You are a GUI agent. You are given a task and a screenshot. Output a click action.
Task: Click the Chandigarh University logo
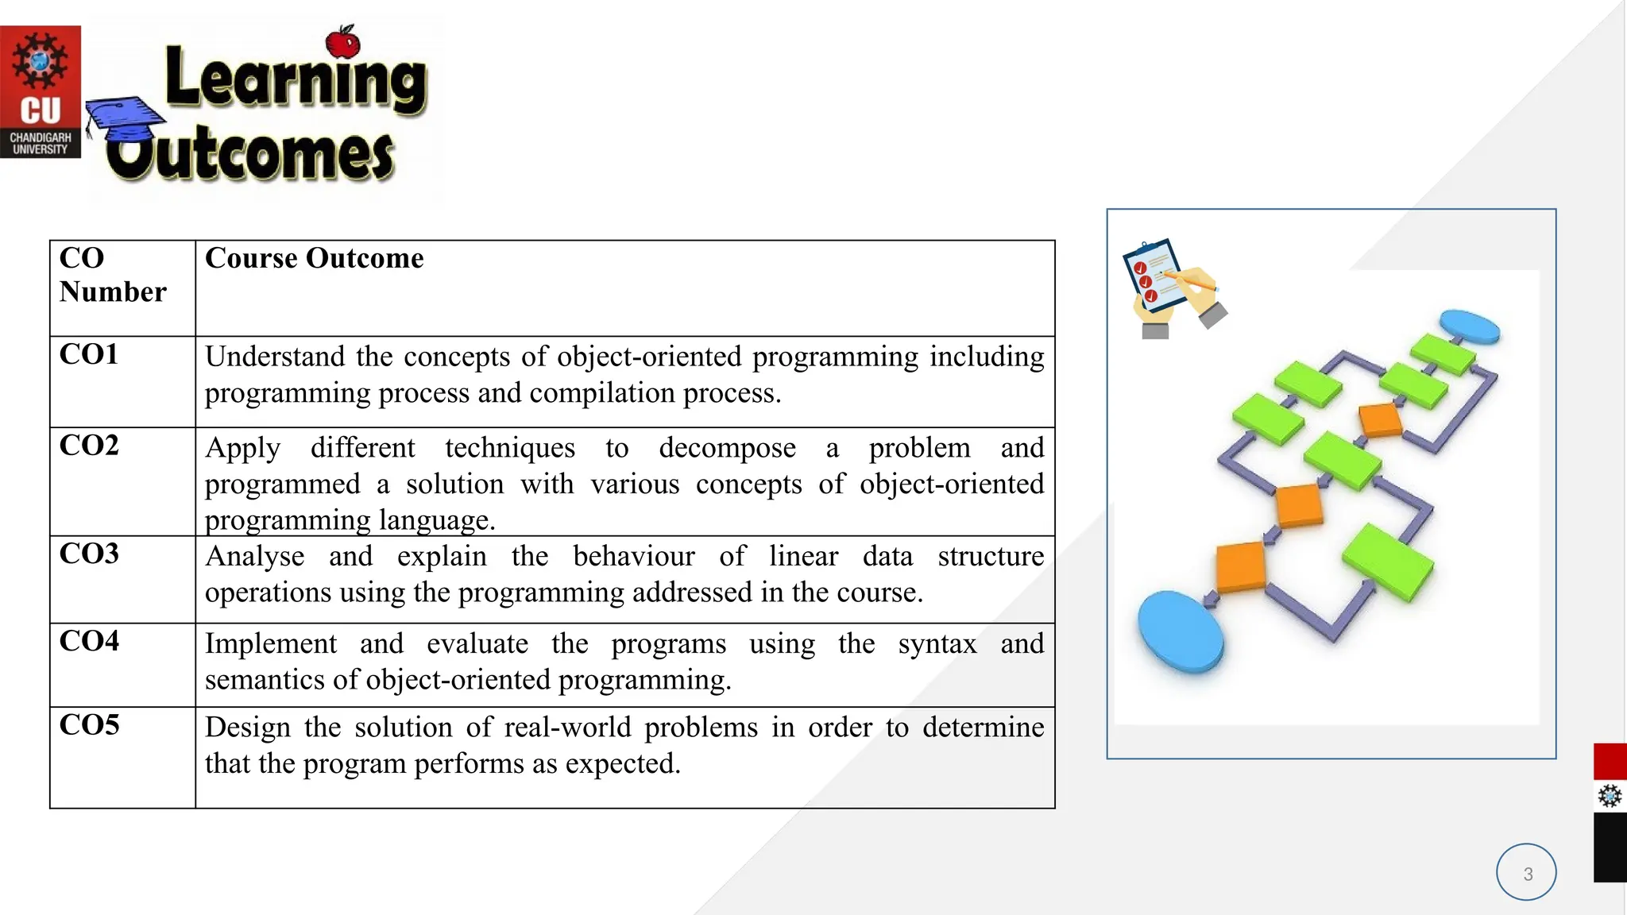pyautogui.click(x=41, y=91)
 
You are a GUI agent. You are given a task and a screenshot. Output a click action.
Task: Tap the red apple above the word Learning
pyautogui.click(x=343, y=41)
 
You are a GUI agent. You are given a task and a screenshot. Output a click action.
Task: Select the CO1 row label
pyautogui.click(x=89, y=354)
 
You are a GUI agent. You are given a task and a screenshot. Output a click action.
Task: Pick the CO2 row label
pyautogui.click(x=89, y=446)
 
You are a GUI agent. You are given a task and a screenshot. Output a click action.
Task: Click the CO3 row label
pyautogui.click(x=89, y=554)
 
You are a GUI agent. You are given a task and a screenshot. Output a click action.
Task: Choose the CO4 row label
pyautogui.click(x=89, y=641)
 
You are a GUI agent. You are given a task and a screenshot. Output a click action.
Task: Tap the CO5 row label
pyautogui.click(x=89, y=724)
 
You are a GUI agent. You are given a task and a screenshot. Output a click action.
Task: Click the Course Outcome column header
pyautogui.click(x=314, y=258)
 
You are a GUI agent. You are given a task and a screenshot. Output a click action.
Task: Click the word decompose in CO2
pyautogui.click(x=727, y=448)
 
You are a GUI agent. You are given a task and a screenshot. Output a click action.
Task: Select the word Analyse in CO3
pyautogui.click(x=254, y=556)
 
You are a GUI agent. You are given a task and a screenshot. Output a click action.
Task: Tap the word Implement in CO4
pyautogui.click(x=270, y=643)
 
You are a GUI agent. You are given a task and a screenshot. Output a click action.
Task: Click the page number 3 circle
pyautogui.click(x=1526, y=872)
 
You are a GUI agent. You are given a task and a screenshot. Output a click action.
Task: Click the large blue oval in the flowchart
pyautogui.click(x=1181, y=632)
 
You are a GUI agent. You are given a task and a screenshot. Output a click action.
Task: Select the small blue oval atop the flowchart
pyautogui.click(x=1470, y=326)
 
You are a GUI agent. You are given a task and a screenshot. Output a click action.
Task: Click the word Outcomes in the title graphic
pyautogui.click(x=251, y=152)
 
